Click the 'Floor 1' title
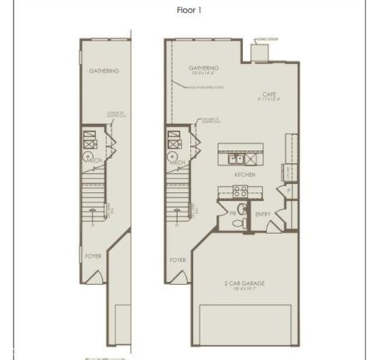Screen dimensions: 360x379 pyautogui.click(x=189, y=10)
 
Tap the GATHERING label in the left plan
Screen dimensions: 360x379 pyautogui.click(x=104, y=71)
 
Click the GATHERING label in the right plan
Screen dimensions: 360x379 pyautogui.click(x=203, y=67)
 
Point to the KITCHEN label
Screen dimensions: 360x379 pyautogui.click(x=245, y=174)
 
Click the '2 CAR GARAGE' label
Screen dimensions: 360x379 pyautogui.click(x=246, y=283)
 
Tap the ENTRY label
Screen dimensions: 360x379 pyautogui.click(x=263, y=214)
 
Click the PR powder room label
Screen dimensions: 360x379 pyautogui.click(x=233, y=214)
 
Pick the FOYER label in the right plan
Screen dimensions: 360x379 pyautogui.click(x=177, y=260)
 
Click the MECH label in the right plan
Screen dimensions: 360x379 pyautogui.click(x=177, y=161)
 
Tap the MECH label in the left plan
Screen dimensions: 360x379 pyautogui.click(x=94, y=161)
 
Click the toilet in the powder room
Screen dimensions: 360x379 pyautogui.click(x=242, y=210)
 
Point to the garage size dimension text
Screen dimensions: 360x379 pyautogui.click(x=246, y=289)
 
